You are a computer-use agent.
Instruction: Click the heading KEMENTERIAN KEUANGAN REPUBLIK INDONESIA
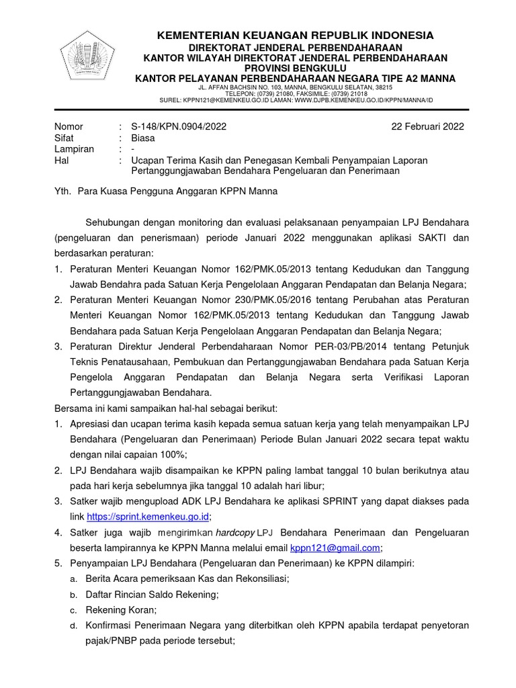(x=295, y=35)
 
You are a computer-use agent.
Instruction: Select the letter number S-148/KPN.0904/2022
(x=178, y=126)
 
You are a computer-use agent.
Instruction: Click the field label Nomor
(x=69, y=126)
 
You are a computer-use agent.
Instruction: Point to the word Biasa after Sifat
(x=142, y=138)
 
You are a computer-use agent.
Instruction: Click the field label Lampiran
(x=74, y=149)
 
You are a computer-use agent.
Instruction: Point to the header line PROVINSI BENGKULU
(x=295, y=68)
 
